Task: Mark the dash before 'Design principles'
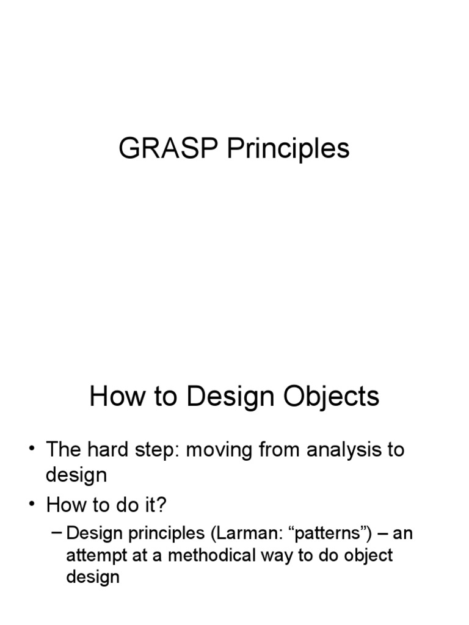click(x=57, y=533)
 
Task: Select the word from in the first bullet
click(x=283, y=450)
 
